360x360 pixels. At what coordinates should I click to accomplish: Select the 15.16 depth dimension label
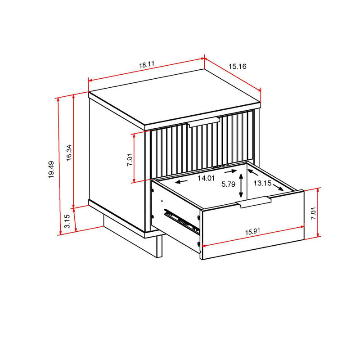click(x=237, y=67)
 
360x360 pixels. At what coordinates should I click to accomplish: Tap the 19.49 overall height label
click(x=52, y=170)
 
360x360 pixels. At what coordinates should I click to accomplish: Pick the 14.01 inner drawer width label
click(x=206, y=178)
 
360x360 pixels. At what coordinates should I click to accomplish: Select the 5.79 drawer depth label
click(x=229, y=184)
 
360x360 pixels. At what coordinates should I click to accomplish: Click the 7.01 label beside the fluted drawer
click(x=130, y=159)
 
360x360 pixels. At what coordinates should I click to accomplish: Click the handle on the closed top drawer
click(x=203, y=122)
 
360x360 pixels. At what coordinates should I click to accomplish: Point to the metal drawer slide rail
click(x=182, y=220)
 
